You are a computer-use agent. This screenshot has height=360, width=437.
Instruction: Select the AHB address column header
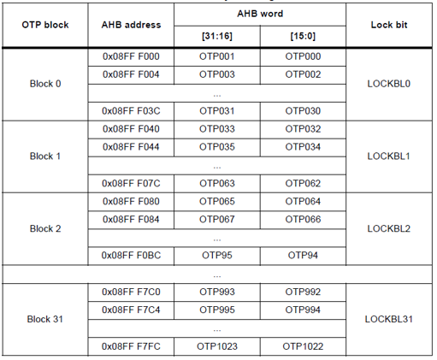coord(131,26)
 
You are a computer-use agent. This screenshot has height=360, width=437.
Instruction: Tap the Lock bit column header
coord(388,26)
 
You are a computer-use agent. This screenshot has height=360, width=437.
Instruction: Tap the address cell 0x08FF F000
coord(131,56)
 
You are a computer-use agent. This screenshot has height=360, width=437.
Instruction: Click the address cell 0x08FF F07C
coord(131,183)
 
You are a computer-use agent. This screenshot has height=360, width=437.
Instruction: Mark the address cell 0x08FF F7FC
coord(131,345)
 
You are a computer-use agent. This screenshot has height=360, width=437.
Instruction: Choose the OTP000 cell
coord(303,56)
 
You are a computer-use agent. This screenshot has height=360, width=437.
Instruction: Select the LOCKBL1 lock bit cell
coord(388,156)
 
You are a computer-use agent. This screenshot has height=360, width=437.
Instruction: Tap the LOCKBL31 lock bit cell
coord(388,319)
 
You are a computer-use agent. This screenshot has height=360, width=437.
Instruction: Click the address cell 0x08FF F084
coord(131,219)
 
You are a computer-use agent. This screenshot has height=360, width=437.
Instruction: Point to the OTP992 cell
coord(303,292)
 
